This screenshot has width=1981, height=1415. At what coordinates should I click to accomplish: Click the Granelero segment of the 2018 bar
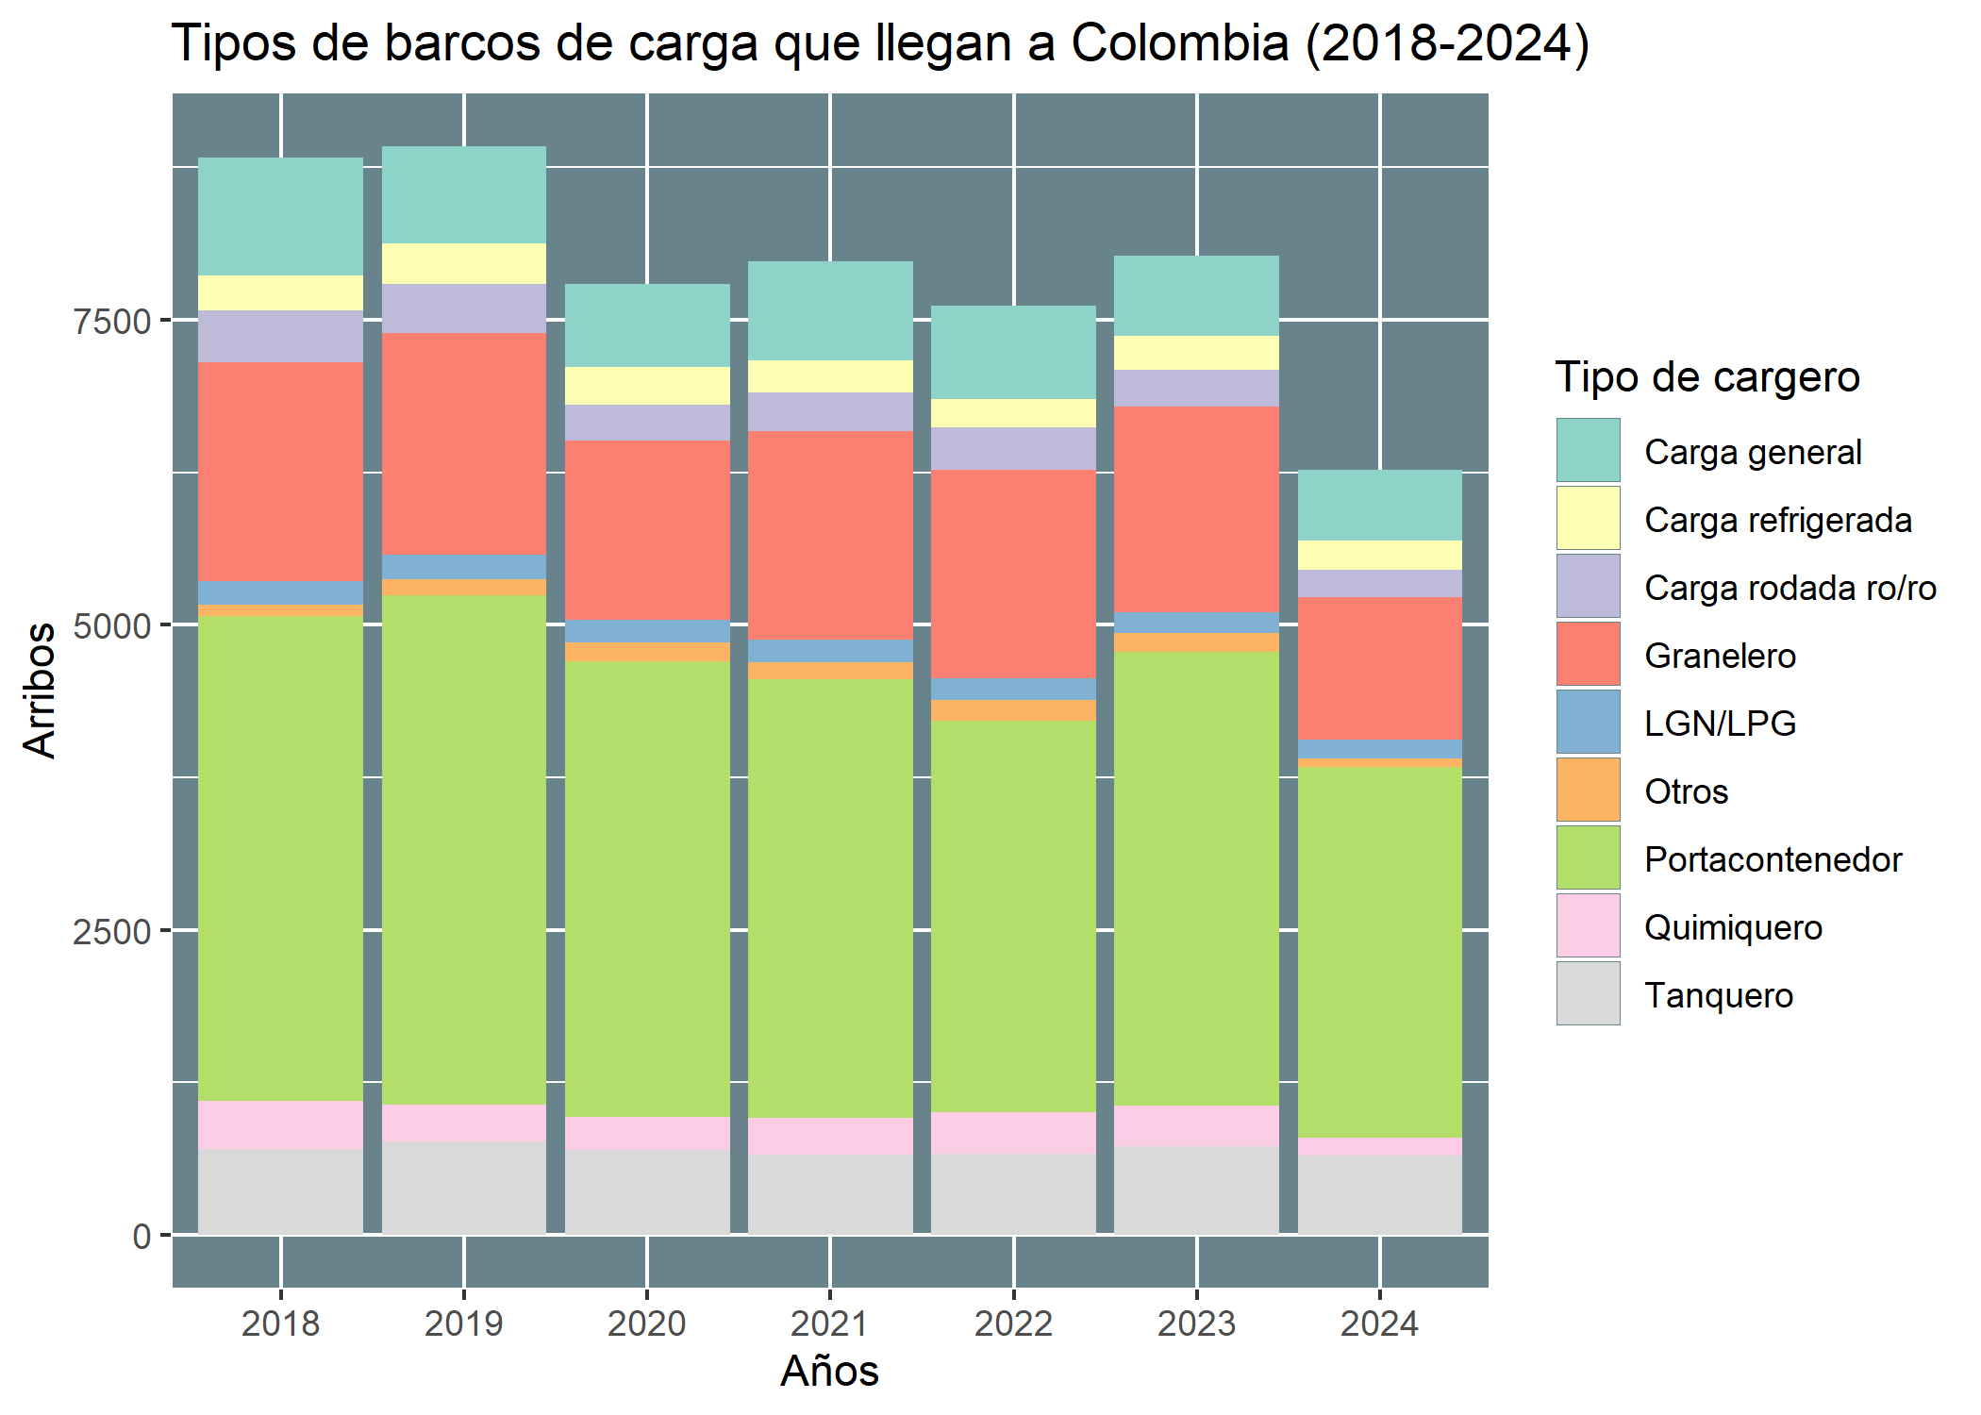[x=280, y=471]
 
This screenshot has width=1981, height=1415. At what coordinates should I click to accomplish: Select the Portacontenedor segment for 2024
[x=1380, y=952]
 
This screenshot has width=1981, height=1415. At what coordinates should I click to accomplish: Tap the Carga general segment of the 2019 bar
[x=463, y=194]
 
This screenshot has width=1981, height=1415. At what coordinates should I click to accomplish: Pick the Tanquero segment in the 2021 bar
[x=830, y=1193]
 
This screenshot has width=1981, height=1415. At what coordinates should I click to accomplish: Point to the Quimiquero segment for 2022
[x=1013, y=1132]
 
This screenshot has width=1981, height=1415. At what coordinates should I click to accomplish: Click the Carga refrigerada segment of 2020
[x=647, y=386]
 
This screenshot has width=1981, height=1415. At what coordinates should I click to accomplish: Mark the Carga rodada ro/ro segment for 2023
[x=1196, y=388]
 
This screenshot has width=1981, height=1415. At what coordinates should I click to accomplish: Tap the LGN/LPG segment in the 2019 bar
[x=463, y=566]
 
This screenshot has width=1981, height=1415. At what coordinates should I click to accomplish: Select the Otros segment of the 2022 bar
[x=1013, y=709]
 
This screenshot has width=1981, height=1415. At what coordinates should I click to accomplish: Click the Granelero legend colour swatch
[x=1588, y=654]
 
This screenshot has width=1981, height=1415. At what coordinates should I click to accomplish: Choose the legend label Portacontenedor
[x=1773, y=859]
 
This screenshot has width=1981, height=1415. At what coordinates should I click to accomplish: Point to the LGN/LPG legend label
[x=1720, y=724]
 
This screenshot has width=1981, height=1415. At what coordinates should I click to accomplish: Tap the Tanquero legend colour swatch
[x=1588, y=993]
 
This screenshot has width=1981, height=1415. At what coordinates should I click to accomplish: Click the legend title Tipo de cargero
[x=1706, y=377]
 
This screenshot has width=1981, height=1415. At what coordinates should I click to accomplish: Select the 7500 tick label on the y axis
[x=112, y=322]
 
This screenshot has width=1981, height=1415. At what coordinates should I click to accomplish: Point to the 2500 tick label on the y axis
[x=112, y=931]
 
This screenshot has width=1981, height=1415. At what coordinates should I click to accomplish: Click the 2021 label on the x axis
[x=829, y=1323]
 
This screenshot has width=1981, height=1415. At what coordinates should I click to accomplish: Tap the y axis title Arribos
[x=40, y=690]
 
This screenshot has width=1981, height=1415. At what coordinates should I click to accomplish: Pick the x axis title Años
[x=829, y=1371]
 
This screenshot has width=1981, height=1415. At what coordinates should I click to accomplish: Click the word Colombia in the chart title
[x=1179, y=43]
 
